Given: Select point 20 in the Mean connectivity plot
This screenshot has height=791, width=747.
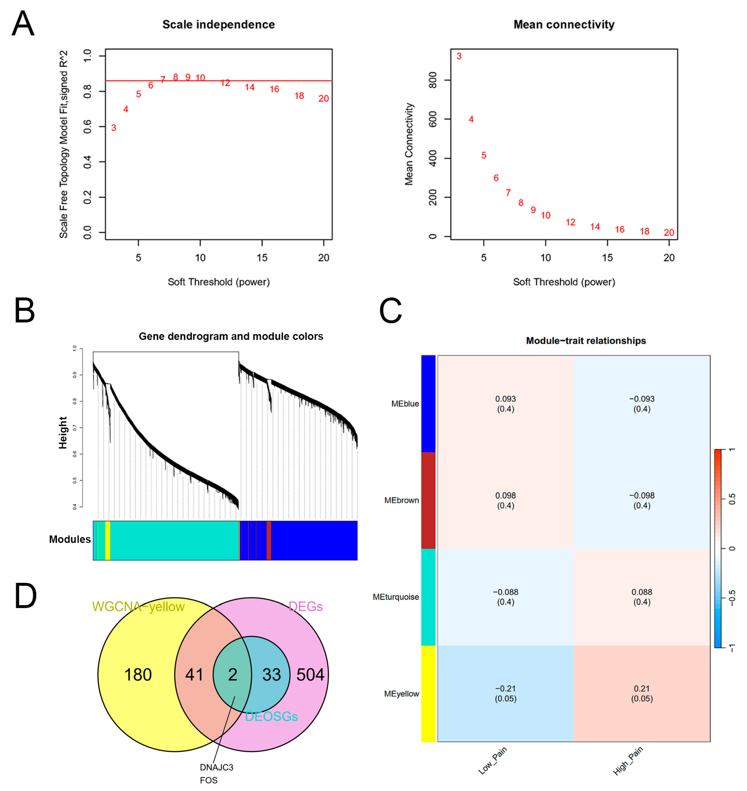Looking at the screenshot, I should pyautogui.click(x=669, y=232).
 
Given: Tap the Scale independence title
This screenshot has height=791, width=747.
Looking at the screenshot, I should pyautogui.click(x=219, y=25).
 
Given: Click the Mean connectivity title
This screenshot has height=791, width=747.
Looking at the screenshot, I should pyautogui.click(x=564, y=25).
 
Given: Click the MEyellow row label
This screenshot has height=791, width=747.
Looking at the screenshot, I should pyautogui.click(x=401, y=694).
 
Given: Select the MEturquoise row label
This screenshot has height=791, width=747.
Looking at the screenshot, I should pyautogui.click(x=396, y=597).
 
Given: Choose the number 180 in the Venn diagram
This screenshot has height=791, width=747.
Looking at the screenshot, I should pyautogui.click(x=138, y=675).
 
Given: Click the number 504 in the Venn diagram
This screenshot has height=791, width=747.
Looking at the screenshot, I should pyautogui.click(x=310, y=675).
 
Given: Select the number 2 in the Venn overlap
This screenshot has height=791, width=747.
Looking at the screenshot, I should pyautogui.click(x=233, y=675).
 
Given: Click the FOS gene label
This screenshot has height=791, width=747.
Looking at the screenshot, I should pyautogui.click(x=209, y=780).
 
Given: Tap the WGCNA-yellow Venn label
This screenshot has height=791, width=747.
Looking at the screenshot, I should pyautogui.click(x=138, y=607).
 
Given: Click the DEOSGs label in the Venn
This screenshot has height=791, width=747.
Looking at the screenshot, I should pyautogui.click(x=271, y=717).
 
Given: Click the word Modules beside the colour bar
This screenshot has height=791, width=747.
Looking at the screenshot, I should pyautogui.click(x=70, y=539).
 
